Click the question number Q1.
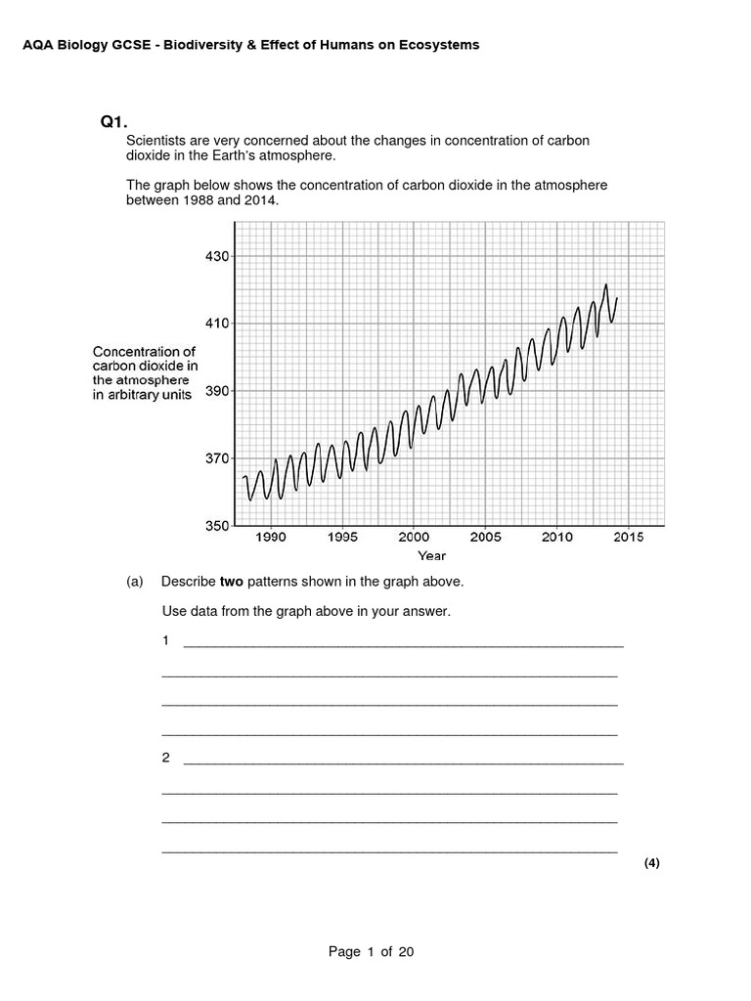(114, 122)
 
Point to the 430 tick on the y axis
(217, 256)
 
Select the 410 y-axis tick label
(217, 324)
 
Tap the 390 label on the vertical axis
(217, 391)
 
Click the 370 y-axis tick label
(217, 458)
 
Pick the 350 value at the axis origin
(217, 526)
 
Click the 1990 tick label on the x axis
(271, 537)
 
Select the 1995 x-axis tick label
(342, 537)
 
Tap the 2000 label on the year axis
(414, 537)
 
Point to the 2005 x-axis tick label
(486, 537)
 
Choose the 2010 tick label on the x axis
(557, 537)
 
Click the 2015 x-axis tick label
(629, 537)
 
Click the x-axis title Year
(431, 556)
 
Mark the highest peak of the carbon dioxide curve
(606, 284)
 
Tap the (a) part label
(135, 582)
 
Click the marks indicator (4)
(652, 863)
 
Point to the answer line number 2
(166, 758)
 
